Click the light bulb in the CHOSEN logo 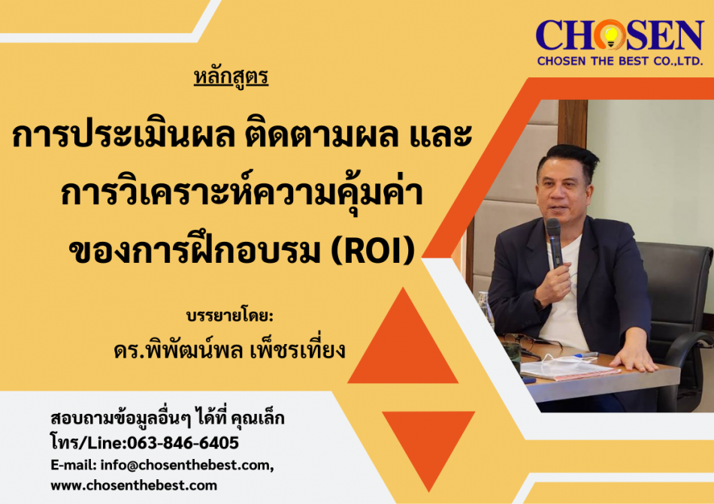click(610, 35)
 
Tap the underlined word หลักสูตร click(231, 77)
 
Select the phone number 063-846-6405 click(183, 442)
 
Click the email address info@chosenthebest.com click(186, 465)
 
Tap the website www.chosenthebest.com click(134, 485)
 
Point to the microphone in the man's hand click(554, 242)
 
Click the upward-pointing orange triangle click(403, 336)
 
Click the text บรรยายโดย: click(230, 315)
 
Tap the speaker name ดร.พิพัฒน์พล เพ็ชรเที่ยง click(229, 349)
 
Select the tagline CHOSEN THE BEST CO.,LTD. click(620, 61)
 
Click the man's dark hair click(569, 158)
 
